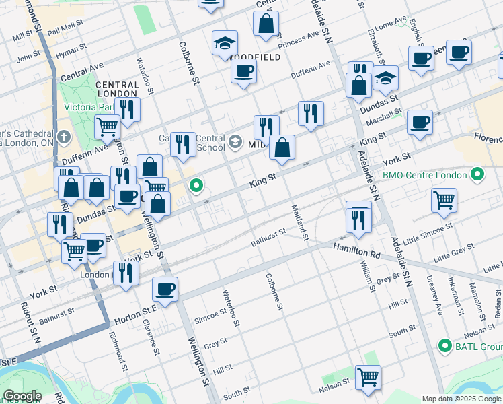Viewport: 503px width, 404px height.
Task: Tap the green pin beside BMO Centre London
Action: pyautogui.click(x=477, y=175)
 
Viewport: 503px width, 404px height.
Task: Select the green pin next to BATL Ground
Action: pyautogui.click(x=444, y=346)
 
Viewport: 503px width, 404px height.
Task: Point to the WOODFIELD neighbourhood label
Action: pyautogui.click(x=254, y=58)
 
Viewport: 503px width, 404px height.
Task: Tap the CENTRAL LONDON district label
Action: pyautogui.click(x=117, y=90)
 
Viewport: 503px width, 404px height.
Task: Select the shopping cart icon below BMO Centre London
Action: pyautogui.click(x=444, y=199)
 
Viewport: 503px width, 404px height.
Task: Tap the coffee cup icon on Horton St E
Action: pyautogui.click(x=165, y=290)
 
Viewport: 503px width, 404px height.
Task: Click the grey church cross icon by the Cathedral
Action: pyautogui.click(x=63, y=137)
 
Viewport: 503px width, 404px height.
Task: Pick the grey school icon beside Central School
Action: pyautogui.click(x=235, y=141)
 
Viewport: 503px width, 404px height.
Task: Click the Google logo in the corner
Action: pyautogui.click(x=22, y=396)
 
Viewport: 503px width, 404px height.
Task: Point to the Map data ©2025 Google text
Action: pyautogui.click(x=461, y=399)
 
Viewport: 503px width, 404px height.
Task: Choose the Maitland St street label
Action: pyautogui.click(x=299, y=222)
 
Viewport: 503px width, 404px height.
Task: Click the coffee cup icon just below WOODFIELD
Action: pyautogui.click(x=243, y=70)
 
